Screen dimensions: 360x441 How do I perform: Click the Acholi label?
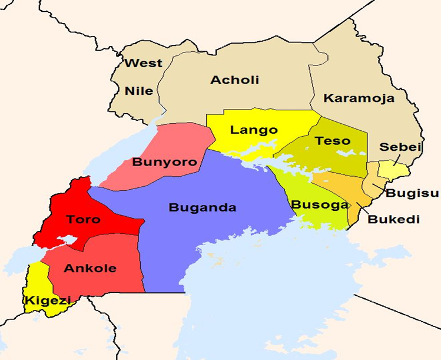click(x=234, y=80)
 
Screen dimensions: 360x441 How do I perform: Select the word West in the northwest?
click(x=144, y=64)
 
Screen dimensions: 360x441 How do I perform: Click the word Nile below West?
click(x=139, y=91)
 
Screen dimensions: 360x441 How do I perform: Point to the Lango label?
click(x=254, y=130)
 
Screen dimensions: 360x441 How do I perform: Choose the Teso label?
click(x=333, y=141)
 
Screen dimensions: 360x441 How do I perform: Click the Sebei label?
click(x=400, y=147)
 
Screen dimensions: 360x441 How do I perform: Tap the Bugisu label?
click(x=404, y=193)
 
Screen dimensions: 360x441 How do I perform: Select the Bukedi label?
click(x=393, y=219)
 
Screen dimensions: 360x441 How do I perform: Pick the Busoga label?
click(x=311, y=204)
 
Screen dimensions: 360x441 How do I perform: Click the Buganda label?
click(x=202, y=207)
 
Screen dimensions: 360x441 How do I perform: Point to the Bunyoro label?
click(x=164, y=161)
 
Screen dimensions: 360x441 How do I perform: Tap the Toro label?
click(x=83, y=219)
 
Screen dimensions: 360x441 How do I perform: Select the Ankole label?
click(x=90, y=268)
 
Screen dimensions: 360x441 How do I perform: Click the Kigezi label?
click(x=45, y=300)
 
